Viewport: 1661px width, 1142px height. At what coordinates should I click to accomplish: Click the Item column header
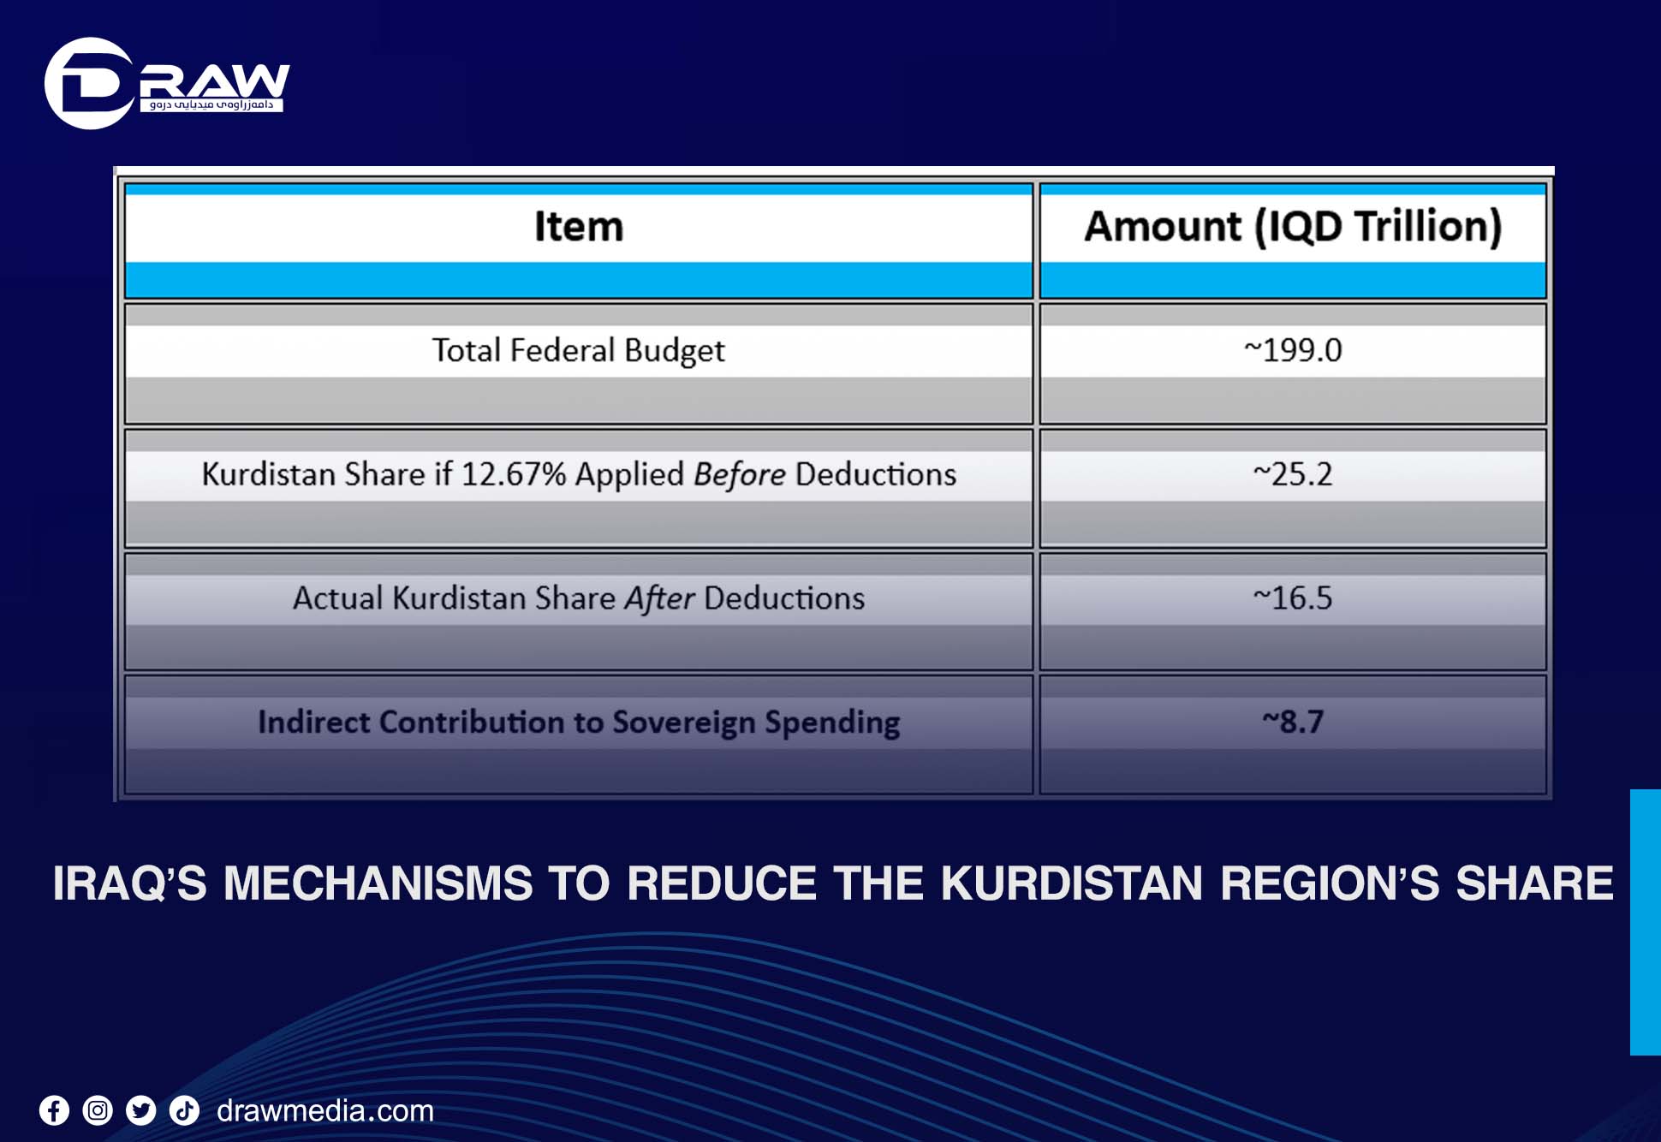tap(579, 227)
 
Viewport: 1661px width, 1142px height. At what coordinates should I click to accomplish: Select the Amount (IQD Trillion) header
tap(1292, 227)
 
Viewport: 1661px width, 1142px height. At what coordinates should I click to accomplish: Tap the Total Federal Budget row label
tap(578, 351)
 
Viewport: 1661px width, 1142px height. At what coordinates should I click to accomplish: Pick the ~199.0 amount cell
tap(1293, 350)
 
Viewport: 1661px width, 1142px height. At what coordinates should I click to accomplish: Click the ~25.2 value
tap(1293, 474)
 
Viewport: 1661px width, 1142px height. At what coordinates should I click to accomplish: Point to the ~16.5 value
tap(1293, 598)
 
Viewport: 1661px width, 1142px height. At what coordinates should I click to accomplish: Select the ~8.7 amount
tap(1293, 722)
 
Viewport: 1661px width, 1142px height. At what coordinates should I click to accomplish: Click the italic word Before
tap(739, 474)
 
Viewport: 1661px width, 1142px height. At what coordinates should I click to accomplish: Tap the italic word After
tap(658, 598)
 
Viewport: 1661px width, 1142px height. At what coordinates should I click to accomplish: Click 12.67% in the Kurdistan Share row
tap(514, 474)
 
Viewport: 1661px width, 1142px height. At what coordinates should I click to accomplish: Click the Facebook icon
tap(54, 1111)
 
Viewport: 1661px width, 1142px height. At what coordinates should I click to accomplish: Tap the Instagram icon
tap(98, 1111)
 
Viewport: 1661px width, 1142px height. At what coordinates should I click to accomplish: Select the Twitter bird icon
tap(141, 1111)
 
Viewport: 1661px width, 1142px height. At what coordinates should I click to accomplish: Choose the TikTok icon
tap(184, 1111)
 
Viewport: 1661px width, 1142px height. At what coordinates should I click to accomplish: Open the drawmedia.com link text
tap(325, 1111)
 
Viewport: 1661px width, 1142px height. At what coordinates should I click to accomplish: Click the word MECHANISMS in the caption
tap(378, 883)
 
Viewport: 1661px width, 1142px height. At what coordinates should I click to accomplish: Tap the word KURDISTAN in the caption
tap(1071, 883)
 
